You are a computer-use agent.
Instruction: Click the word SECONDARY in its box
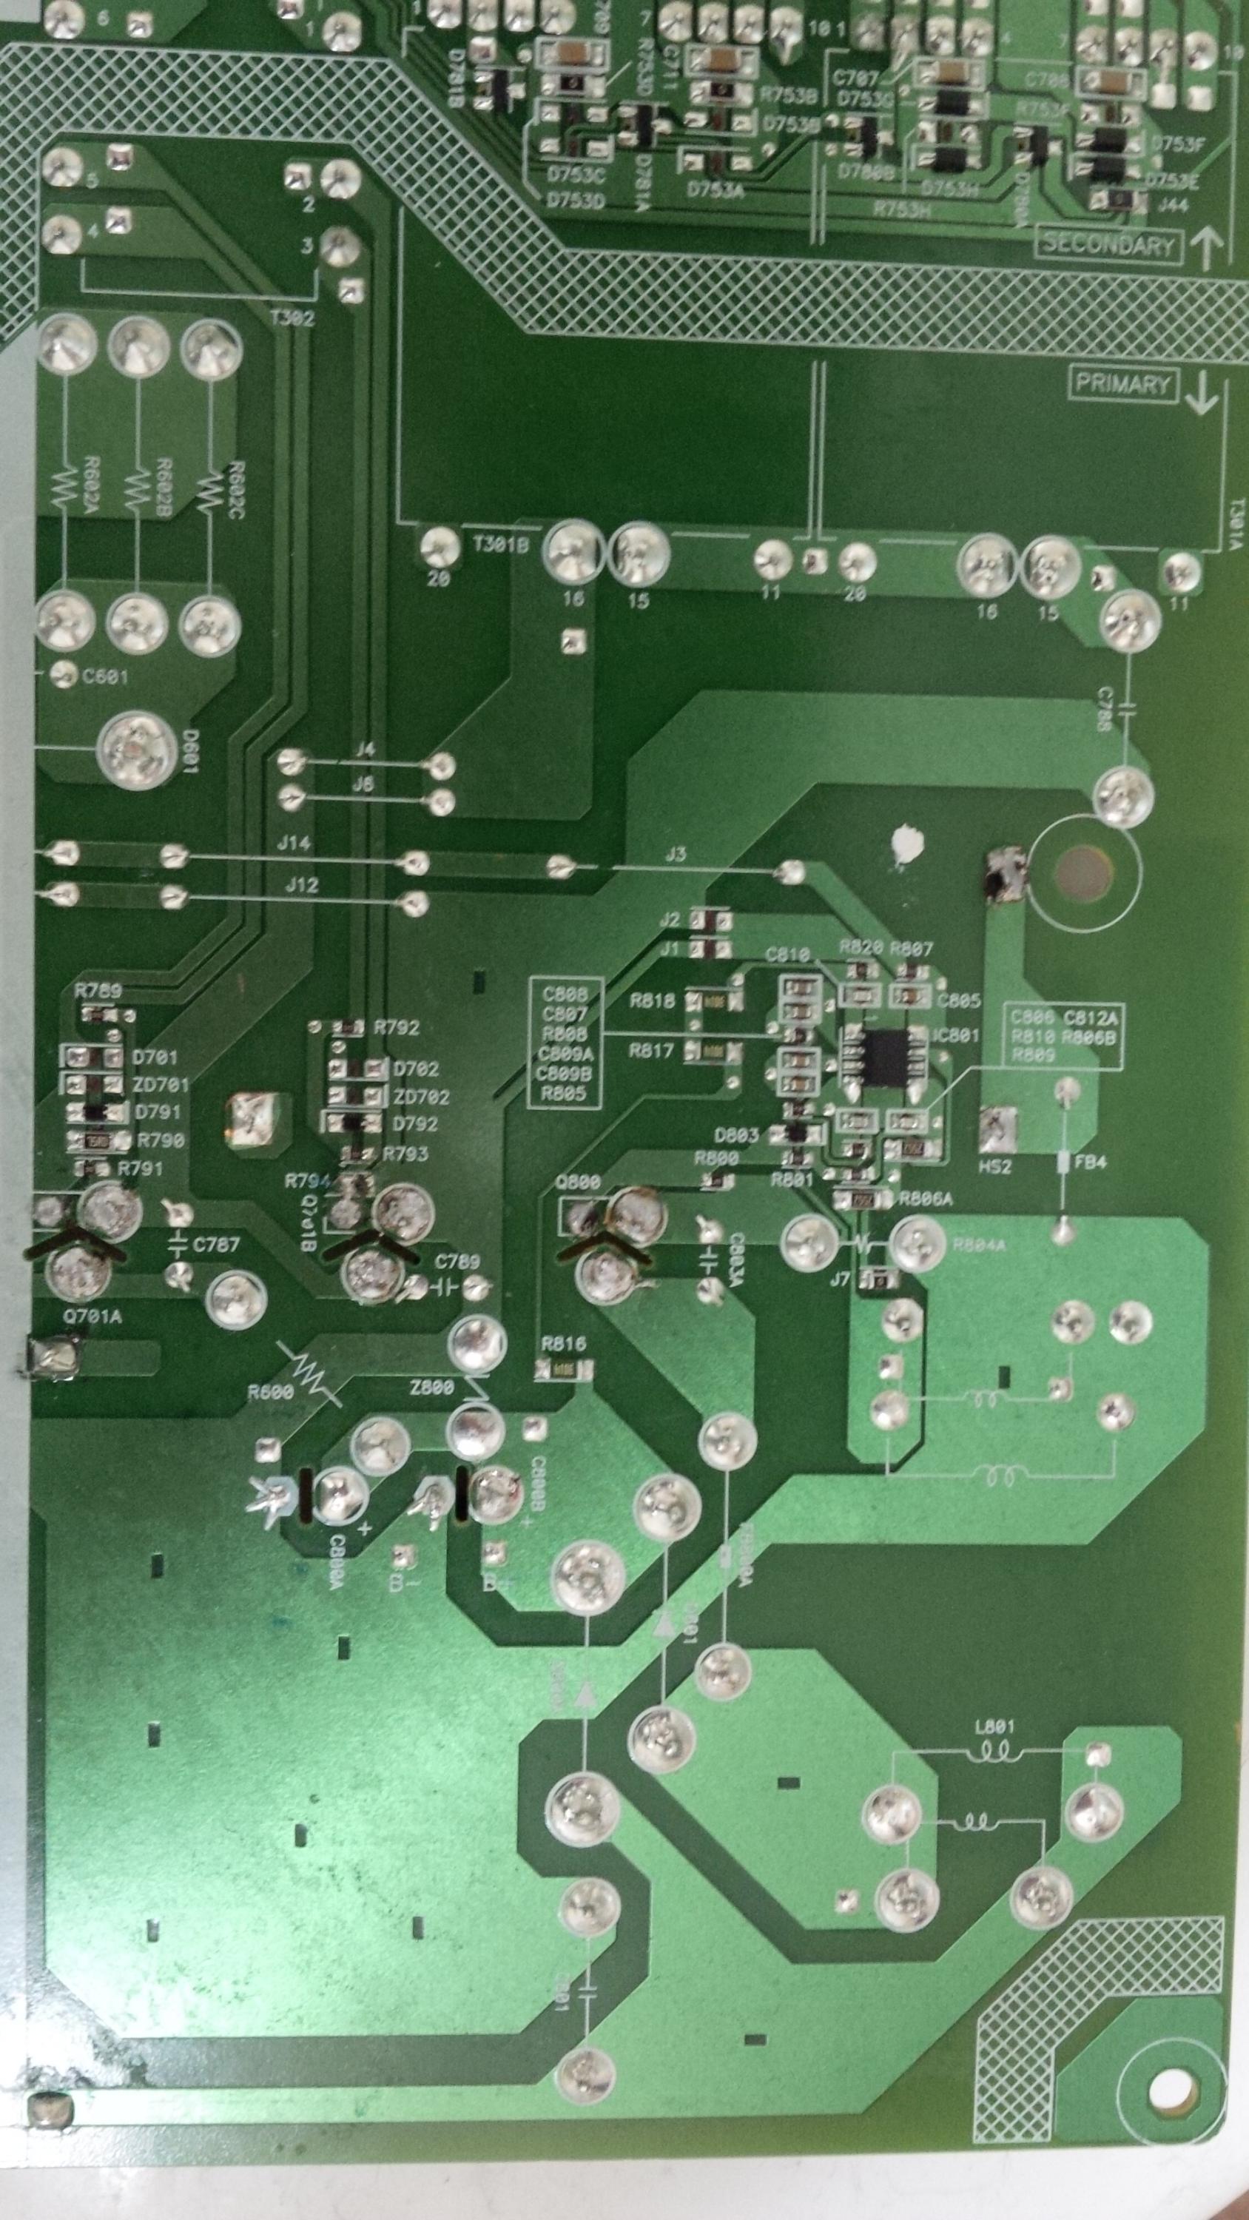pyautogui.click(x=1108, y=245)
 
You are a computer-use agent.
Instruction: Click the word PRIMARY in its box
pyautogui.click(x=1122, y=383)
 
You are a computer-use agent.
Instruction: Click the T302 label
pyautogui.click(x=292, y=318)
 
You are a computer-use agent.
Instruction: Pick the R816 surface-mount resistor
pyautogui.click(x=565, y=1368)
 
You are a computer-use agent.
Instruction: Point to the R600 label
pyautogui.click(x=270, y=1392)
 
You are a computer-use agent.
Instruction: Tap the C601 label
pyautogui.click(x=105, y=676)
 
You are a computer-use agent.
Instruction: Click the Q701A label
pyautogui.click(x=92, y=1316)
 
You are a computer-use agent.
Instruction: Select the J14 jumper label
pyautogui.click(x=294, y=843)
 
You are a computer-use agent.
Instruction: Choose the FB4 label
pyautogui.click(x=1089, y=1163)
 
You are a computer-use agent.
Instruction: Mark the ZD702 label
pyautogui.click(x=422, y=1097)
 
